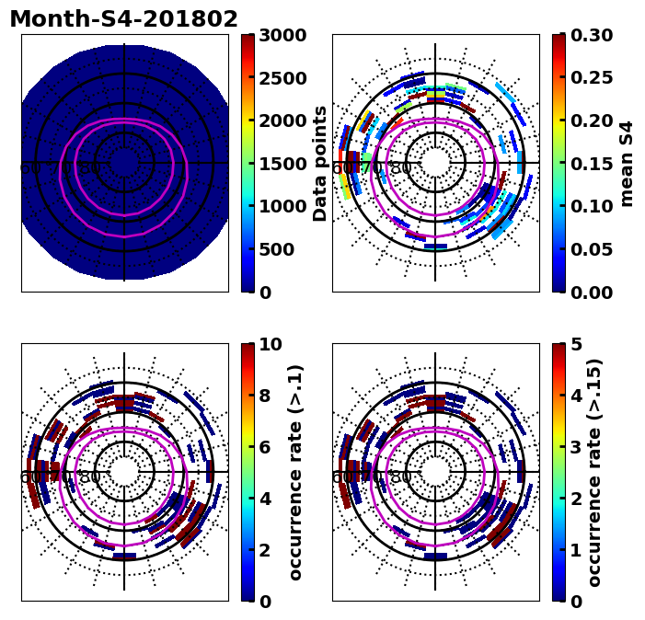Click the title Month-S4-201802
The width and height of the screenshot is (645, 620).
click(123, 19)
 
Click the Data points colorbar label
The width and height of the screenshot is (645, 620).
click(320, 164)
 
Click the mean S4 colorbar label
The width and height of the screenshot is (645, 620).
click(628, 164)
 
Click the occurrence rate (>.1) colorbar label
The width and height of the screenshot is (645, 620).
click(295, 473)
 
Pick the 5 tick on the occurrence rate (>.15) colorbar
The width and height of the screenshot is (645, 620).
click(576, 344)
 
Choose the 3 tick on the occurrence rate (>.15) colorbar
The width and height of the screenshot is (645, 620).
click(576, 447)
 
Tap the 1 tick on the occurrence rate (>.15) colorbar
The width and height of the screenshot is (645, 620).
click(576, 550)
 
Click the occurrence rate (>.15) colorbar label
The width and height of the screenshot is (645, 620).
click(594, 473)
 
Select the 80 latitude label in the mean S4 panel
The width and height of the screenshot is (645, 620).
click(401, 168)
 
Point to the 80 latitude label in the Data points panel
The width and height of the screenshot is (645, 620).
click(90, 168)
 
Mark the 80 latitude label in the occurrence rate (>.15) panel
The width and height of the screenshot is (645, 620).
click(401, 477)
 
